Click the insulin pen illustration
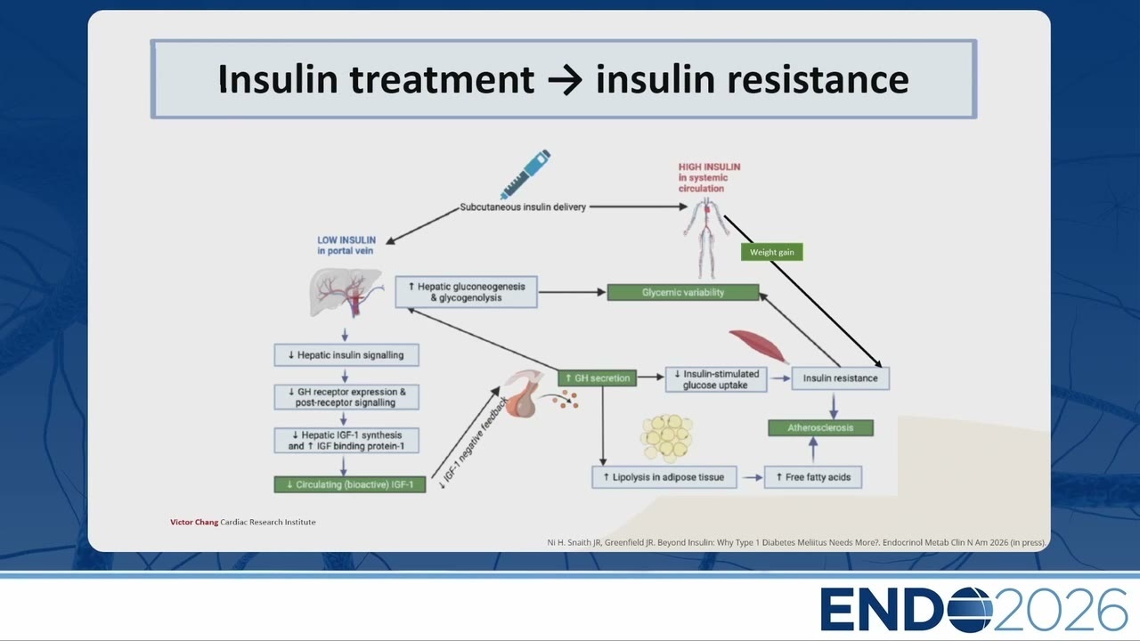click(525, 174)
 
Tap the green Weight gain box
click(771, 252)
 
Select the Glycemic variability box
click(683, 293)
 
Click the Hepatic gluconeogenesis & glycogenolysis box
click(466, 292)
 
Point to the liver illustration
click(346, 293)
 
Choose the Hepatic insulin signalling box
click(346, 355)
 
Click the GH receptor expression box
click(346, 397)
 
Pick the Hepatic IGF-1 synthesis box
click(346, 441)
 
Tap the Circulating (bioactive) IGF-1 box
click(350, 484)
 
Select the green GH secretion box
click(597, 378)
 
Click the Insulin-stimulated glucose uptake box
click(715, 379)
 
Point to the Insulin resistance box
click(840, 378)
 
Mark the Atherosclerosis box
click(820, 428)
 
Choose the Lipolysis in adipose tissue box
click(664, 477)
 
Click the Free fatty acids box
click(813, 477)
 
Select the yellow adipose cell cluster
click(667, 437)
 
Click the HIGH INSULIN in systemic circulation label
click(709, 177)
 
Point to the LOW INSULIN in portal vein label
click(346, 245)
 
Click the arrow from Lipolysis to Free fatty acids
click(753, 478)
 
